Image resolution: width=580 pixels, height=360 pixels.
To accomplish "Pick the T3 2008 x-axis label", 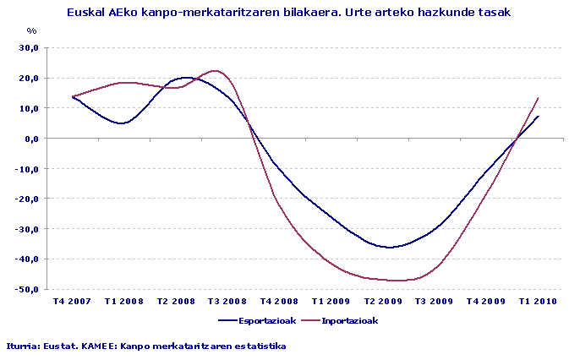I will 226,301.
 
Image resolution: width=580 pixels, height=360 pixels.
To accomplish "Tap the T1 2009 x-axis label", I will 330,301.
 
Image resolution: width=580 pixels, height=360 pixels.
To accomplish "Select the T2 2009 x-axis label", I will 381,301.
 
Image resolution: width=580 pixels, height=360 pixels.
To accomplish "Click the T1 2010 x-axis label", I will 537,301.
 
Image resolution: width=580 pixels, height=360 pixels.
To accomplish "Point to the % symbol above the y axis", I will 32,31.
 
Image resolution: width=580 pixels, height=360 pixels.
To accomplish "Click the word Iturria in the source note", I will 23,346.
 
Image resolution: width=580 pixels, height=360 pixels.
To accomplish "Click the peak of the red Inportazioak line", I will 214,71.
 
